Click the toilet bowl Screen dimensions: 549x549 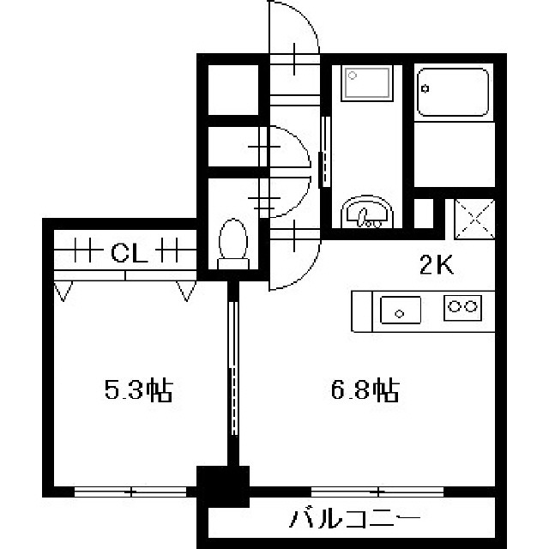click(233, 238)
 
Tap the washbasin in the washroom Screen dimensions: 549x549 click(366, 213)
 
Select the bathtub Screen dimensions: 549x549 click(453, 92)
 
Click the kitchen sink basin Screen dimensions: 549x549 click(401, 310)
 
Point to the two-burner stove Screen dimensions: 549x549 click(463, 308)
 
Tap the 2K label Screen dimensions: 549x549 click(437, 265)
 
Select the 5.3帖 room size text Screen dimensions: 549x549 click(139, 389)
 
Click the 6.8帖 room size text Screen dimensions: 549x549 click(365, 389)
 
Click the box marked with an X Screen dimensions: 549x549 click(474, 220)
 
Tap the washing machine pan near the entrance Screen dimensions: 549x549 click(366, 83)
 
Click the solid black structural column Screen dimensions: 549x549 click(223, 486)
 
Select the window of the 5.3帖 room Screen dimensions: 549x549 click(130, 492)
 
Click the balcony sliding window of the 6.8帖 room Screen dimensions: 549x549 click(377, 492)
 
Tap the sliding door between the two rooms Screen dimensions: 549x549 click(233, 368)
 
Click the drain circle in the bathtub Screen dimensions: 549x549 click(425, 89)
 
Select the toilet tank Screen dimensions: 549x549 click(233, 264)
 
